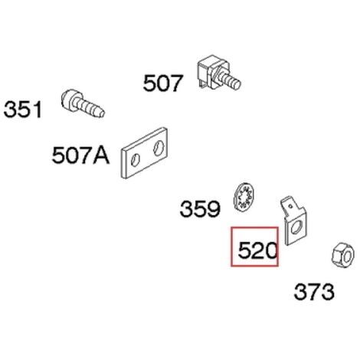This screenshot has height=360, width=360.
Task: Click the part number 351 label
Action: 22,110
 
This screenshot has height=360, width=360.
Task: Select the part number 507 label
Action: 163,83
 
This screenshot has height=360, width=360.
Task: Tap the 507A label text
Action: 80,155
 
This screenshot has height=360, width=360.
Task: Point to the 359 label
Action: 200,208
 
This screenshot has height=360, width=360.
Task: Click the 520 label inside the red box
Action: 257,250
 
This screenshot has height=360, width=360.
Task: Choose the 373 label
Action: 314,292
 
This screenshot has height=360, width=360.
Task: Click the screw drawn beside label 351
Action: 83,103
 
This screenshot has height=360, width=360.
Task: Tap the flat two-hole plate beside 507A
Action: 144,152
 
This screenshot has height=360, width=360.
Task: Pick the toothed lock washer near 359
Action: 244,197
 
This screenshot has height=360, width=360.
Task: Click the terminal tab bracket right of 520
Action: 293,221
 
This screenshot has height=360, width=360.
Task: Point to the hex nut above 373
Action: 343,255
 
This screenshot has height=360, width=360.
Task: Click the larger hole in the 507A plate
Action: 159,148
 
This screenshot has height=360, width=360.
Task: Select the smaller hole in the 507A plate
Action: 135,160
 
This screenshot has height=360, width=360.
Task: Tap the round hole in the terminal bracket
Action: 296,227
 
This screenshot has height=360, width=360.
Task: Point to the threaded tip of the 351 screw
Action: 100,113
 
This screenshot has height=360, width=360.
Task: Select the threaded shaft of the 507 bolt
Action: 231,79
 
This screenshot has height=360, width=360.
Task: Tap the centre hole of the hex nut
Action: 347,256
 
